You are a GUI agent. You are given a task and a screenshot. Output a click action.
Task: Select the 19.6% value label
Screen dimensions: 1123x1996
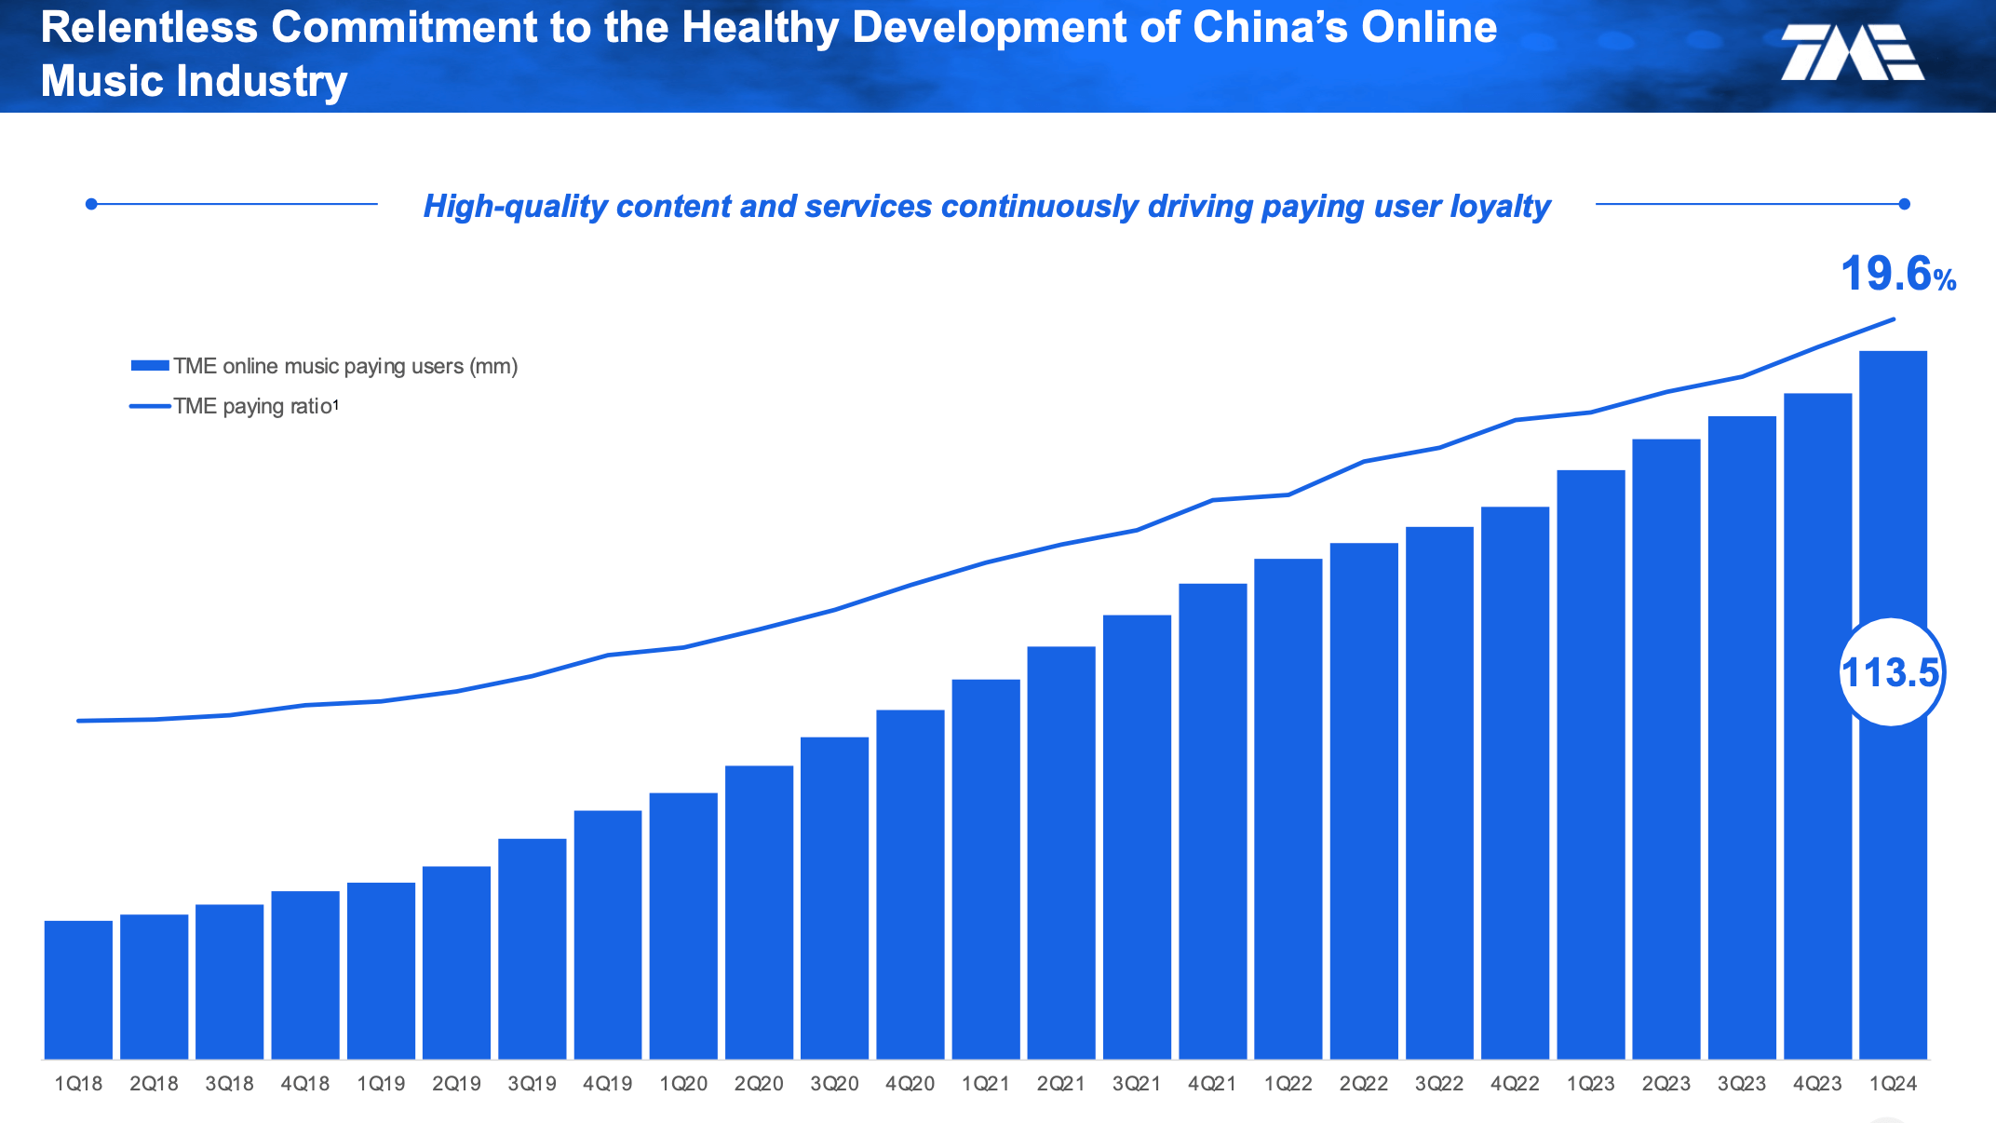tap(1897, 275)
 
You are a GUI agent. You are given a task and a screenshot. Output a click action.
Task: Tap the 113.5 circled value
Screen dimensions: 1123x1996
tap(1891, 672)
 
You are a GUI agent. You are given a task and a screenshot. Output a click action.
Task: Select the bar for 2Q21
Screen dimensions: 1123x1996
tap(1061, 852)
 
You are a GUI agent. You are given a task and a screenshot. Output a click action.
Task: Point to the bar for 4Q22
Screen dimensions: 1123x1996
tap(1515, 782)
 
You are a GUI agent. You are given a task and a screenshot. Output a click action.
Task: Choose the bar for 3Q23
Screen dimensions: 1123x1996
tap(1742, 737)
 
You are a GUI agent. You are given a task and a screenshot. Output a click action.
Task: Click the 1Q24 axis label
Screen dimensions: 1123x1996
tap(1893, 1084)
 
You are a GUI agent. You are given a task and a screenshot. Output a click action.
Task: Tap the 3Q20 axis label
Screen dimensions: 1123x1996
tap(834, 1084)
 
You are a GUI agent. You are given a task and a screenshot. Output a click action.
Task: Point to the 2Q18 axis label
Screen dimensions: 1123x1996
tap(154, 1084)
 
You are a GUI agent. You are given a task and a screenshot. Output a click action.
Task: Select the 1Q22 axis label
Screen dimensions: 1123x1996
tap(1288, 1084)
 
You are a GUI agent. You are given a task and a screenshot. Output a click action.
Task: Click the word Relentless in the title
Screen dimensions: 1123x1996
tap(149, 27)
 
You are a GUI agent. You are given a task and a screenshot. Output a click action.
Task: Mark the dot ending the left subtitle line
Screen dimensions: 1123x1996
tap(91, 204)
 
